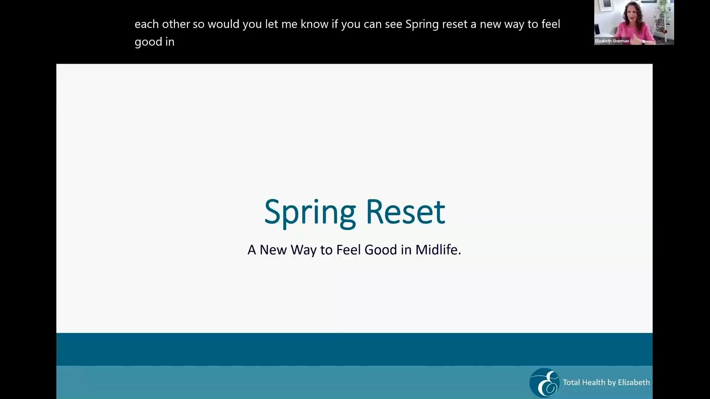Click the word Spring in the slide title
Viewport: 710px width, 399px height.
(x=310, y=212)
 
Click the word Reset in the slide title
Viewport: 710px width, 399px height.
(x=405, y=212)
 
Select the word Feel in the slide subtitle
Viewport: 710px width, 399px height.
(x=349, y=250)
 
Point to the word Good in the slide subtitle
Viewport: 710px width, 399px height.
(x=381, y=250)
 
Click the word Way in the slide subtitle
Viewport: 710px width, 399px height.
(x=303, y=250)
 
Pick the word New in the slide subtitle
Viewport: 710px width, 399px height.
(x=273, y=250)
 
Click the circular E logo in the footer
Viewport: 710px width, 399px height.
(x=544, y=382)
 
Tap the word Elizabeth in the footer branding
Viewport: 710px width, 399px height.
(x=633, y=382)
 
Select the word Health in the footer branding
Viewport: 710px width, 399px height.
(x=594, y=382)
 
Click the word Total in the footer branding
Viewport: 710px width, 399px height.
(x=571, y=382)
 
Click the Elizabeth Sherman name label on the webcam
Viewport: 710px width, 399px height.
(x=612, y=41)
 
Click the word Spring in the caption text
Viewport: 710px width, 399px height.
(x=422, y=24)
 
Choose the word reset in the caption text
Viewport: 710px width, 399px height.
(x=454, y=24)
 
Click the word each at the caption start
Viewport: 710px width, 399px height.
(x=146, y=24)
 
